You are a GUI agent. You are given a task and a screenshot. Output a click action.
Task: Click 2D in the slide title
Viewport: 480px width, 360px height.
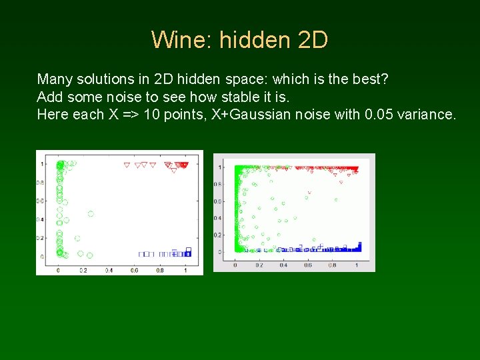tap(312, 40)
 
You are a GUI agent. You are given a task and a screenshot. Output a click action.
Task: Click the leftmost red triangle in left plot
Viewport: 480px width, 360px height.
tap(127, 165)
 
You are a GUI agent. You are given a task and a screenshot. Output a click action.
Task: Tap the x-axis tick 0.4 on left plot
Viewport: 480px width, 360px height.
tap(109, 270)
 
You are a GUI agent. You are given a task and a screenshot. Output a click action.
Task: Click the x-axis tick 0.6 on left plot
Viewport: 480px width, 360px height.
tap(134, 270)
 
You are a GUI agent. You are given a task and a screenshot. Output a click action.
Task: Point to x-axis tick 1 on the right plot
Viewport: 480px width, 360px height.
tap(357, 265)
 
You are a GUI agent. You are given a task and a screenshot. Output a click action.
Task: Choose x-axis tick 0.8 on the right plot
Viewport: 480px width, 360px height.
tap(333, 265)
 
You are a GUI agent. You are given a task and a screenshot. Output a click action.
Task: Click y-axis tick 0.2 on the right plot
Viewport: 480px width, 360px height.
tap(217, 235)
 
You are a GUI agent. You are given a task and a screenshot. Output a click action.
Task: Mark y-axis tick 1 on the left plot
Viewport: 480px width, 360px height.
tap(42, 164)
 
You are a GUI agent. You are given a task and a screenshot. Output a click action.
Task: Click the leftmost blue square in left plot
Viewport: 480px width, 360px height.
tap(141, 253)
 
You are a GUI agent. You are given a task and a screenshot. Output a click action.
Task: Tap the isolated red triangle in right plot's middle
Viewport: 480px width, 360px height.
tap(308, 192)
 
